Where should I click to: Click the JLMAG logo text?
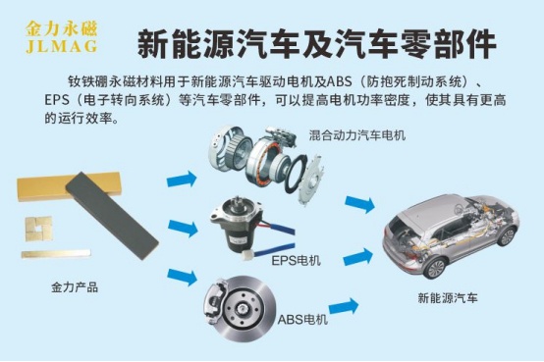62,46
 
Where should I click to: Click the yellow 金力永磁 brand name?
62,28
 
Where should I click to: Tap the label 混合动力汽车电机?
357,134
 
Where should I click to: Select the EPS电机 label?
296,260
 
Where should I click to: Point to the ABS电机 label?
302,319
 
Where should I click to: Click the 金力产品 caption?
75,287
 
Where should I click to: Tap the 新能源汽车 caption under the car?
448,298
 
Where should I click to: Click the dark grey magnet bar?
112,215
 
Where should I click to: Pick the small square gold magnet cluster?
38,229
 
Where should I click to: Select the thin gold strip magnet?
56,254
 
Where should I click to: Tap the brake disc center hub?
241,308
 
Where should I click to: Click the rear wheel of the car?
434,268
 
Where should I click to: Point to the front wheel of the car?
508,236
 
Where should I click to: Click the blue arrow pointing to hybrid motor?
182,180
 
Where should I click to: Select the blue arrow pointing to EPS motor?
183,228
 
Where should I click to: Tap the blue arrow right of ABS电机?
344,307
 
